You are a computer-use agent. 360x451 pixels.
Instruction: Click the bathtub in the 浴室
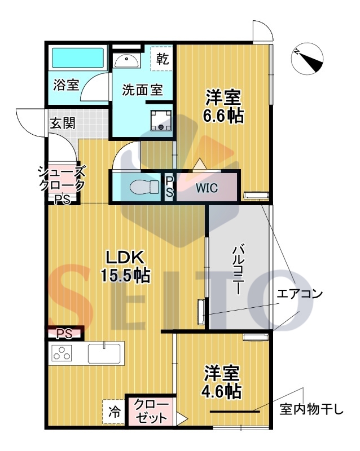77,58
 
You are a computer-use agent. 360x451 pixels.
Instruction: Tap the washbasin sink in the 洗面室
126,60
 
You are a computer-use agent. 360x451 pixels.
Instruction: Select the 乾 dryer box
161,59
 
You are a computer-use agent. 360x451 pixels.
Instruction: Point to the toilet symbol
144,187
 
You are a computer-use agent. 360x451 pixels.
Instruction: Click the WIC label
207,188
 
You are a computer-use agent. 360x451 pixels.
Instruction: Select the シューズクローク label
62,178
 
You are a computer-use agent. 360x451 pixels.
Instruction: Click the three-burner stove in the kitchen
62,353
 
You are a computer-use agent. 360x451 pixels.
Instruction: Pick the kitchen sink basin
104,353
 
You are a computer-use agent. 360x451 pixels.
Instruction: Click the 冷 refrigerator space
114,412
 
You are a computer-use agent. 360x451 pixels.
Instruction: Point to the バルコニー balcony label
239,269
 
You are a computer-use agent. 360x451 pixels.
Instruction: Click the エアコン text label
299,294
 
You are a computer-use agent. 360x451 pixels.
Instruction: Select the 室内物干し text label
311,409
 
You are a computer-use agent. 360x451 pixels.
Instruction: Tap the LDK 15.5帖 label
125,267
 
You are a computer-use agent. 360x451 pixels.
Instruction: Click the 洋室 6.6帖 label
223,107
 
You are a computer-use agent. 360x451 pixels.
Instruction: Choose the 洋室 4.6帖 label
221,382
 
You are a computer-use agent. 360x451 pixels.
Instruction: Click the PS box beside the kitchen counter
64,334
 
